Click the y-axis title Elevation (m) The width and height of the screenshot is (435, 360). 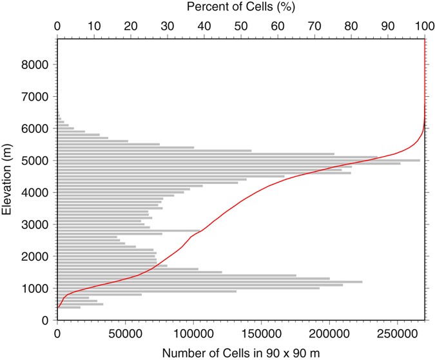click(x=8, y=179)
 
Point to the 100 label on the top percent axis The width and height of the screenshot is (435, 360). click(x=424, y=26)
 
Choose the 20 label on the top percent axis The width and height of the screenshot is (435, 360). click(x=131, y=26)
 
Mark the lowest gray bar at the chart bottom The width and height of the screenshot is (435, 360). click(x=69, y=307)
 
